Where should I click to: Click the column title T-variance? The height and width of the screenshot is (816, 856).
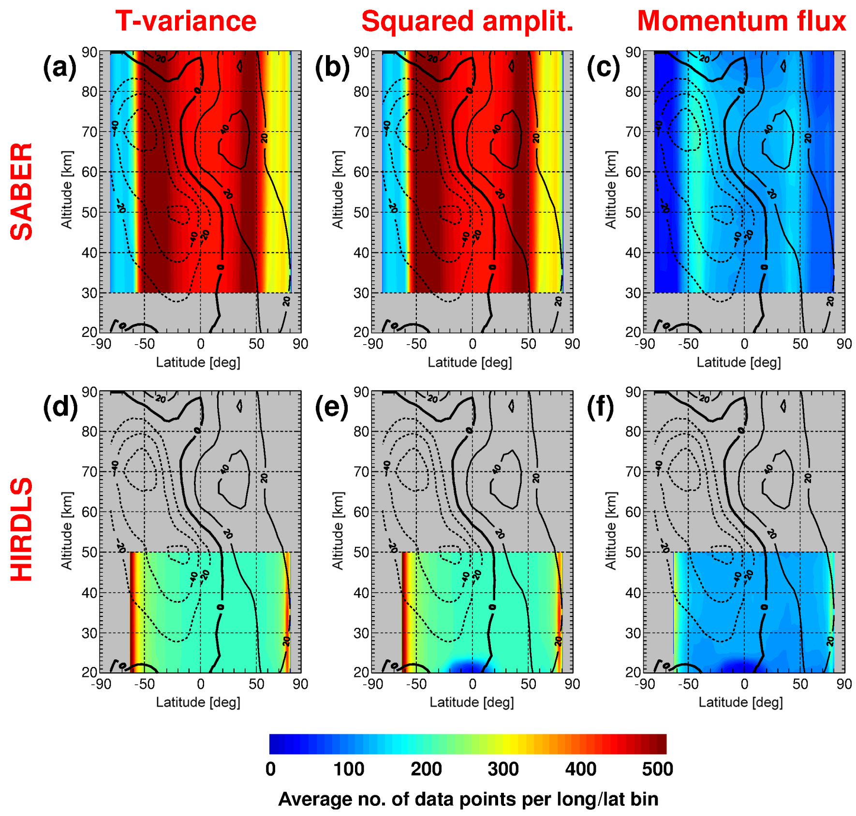coord(186,21)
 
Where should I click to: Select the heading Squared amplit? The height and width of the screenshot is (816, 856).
coord(467,21)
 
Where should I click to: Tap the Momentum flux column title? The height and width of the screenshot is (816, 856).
coord(741,21)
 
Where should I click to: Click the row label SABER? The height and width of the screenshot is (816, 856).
coord(22,191)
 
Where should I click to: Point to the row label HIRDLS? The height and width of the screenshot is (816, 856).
coord(22,529)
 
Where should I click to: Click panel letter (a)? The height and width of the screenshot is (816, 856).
coord(60,67)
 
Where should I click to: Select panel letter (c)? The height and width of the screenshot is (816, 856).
coord(603,67)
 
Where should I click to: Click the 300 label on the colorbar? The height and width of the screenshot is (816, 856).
coord(503,769)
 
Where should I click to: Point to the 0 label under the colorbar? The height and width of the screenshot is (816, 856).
coord(270,769)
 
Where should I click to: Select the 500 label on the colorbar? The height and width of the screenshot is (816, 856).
coord(657,769)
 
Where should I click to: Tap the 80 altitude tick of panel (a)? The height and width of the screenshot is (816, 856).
coord(89,91)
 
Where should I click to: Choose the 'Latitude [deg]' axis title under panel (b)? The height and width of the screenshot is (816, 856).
coord(469,362)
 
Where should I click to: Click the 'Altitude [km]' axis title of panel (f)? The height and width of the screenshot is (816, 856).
coord(611,530)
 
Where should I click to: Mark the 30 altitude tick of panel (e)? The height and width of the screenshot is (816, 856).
coord(361,633)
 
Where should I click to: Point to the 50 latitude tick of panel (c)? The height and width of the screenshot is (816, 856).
coord(800,344)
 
